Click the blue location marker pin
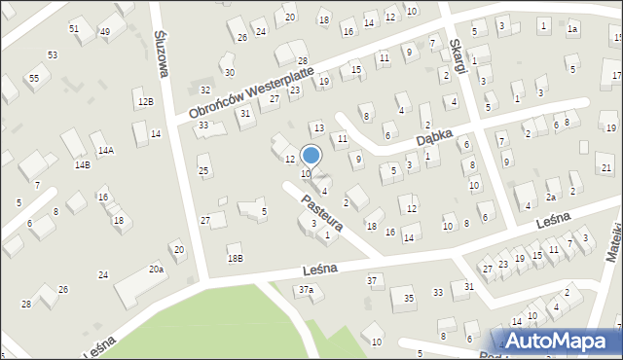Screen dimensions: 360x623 [311, 155]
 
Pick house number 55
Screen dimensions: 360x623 [34, 77]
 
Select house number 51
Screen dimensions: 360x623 [74, 29]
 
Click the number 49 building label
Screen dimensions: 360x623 [104, 32]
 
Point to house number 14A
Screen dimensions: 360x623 [106, 150]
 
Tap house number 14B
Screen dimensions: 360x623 [82, 165]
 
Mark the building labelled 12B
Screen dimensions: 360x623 [145, 101]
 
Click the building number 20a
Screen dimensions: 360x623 [156, 269]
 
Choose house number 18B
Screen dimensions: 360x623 [235, 258]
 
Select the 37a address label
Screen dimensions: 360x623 [306, 290]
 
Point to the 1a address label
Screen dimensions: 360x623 [573, 29]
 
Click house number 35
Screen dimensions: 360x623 [409, 298]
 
